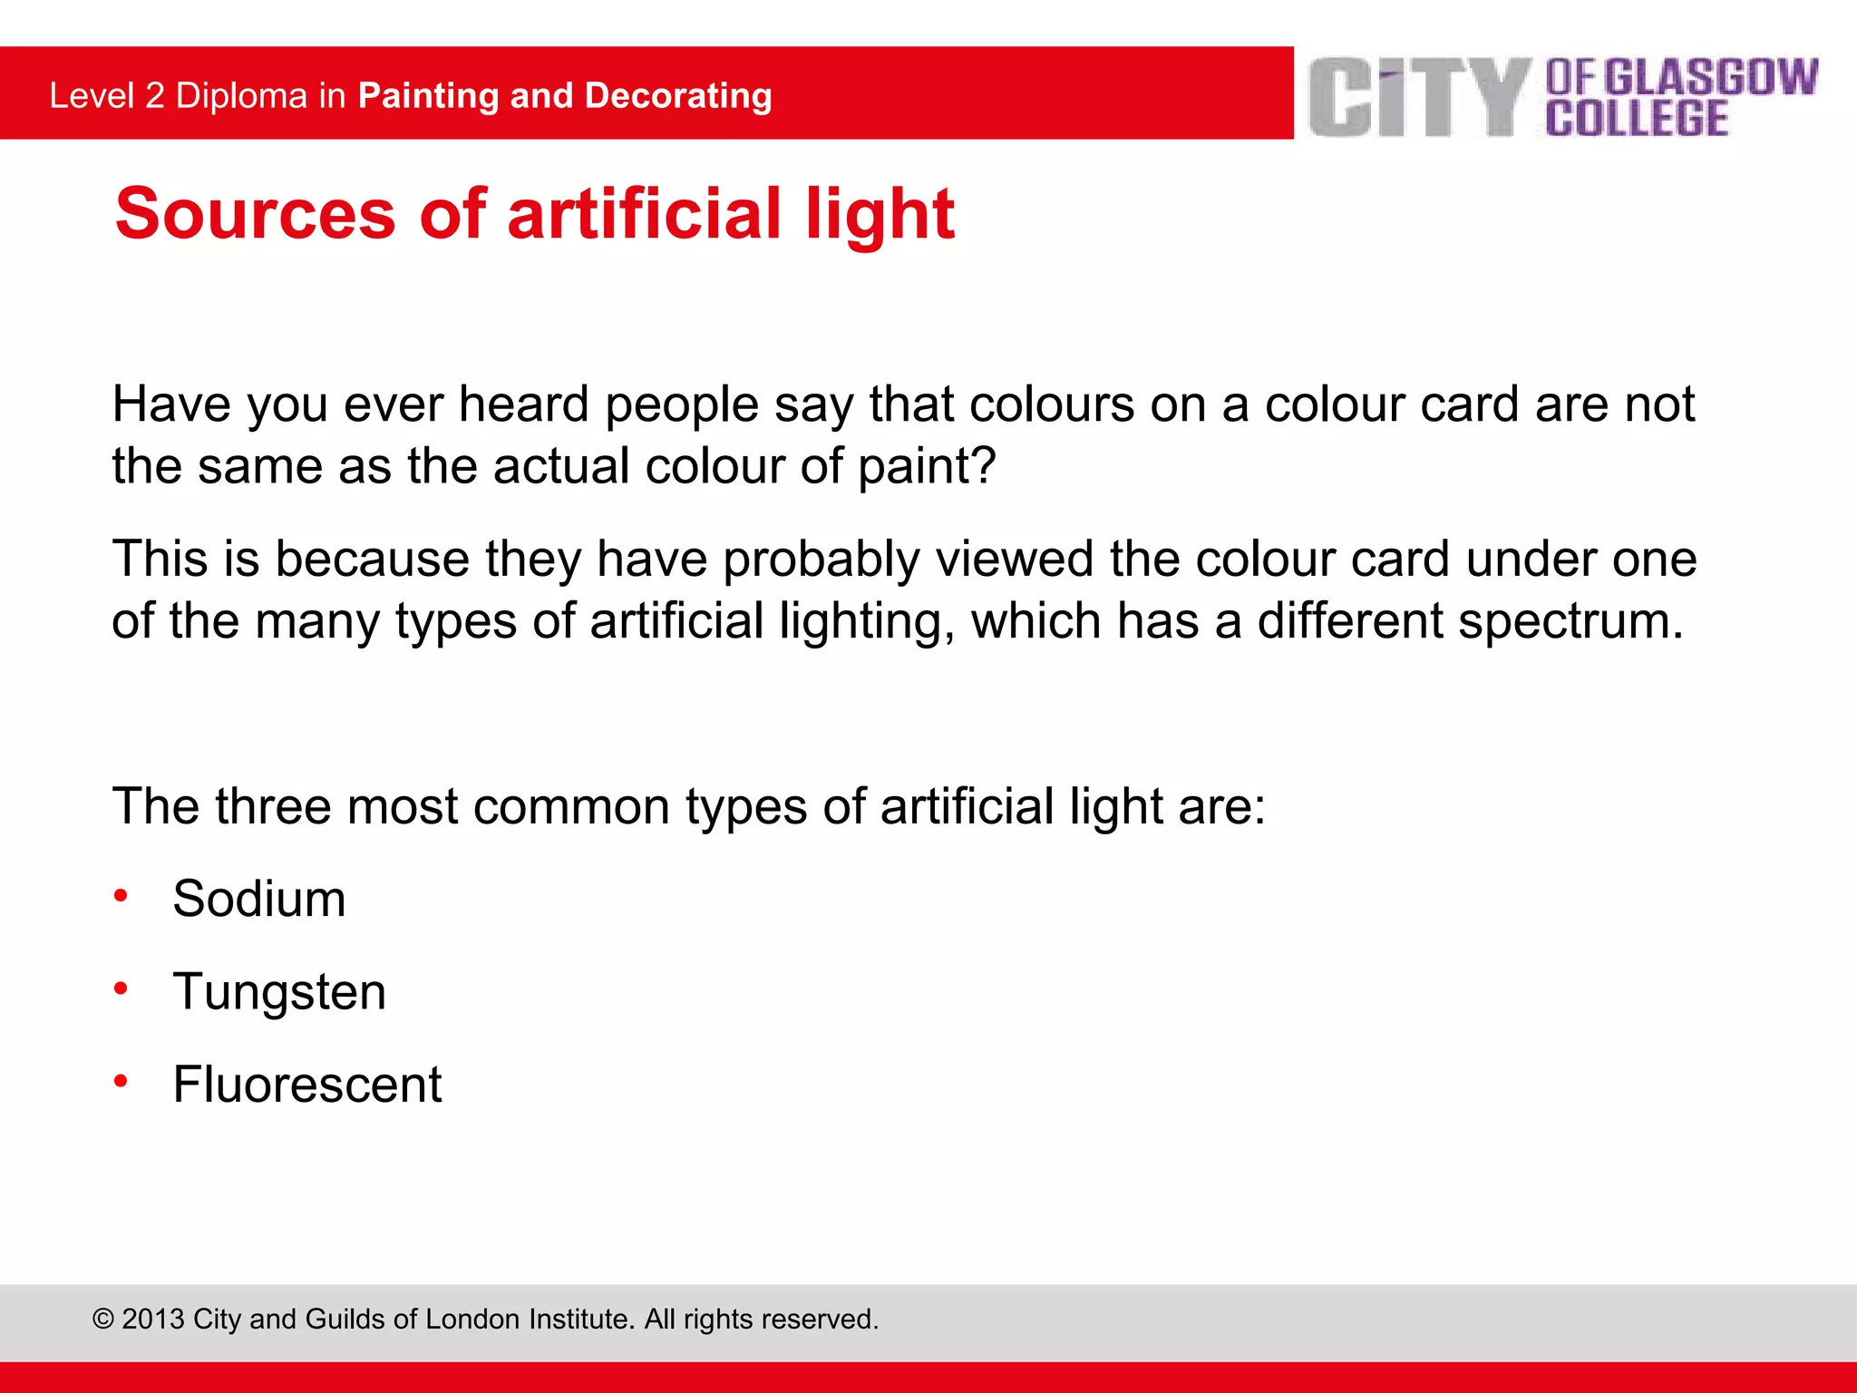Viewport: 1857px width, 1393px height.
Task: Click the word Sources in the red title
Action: (x=256, y=214)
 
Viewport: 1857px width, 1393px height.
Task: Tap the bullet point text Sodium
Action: (x=259, y=899)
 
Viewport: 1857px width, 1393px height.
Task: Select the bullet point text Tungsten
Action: (x=279, y=991)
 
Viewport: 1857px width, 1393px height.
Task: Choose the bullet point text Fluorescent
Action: (x=307, y=1084)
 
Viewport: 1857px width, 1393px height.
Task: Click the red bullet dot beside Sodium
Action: (x=121, y=897)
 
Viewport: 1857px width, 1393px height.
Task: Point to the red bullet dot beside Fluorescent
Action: (x=121, y=1081)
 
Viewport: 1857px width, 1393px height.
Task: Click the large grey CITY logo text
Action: (x=1420, y=97)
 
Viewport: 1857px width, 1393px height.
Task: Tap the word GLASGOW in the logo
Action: (x=1711, y=77)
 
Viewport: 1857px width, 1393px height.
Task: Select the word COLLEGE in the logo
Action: (x=1637, y=119)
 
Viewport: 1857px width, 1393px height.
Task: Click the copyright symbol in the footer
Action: (x=102, y=1320)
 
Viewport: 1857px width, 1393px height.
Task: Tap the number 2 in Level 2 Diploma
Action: (x=155, y=96)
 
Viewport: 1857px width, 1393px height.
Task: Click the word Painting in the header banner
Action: (x=429, y=96)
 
